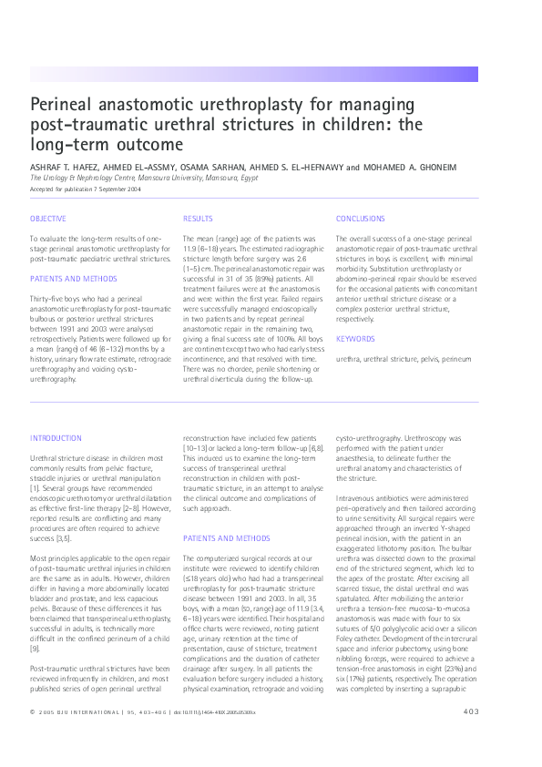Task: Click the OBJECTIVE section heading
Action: pos(48,220)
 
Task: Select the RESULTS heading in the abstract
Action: pos(198,220)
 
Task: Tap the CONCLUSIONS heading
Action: pos(360,220)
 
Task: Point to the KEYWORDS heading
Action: pos(354,339)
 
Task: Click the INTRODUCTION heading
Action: pos(56,438)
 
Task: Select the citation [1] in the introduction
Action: pos(35,489)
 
